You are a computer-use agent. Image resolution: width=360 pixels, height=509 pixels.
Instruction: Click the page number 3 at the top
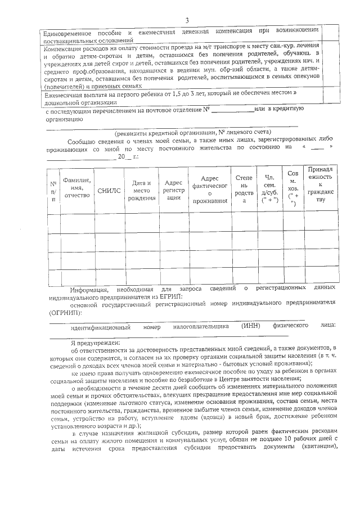click(x=186, y=21)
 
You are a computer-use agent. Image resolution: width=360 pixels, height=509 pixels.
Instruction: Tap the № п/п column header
click(x=54, y=191)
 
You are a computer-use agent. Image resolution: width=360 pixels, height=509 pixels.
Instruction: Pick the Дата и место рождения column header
click(x=141, y=191)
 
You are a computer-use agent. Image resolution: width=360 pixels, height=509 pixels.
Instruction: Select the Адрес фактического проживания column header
click(x=209, y=190)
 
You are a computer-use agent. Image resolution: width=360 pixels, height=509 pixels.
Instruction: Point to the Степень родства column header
click(x=244, y=190)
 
